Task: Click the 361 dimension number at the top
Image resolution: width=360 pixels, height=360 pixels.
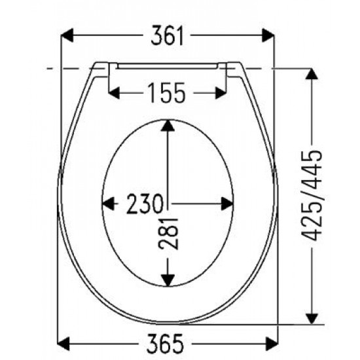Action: pos(167,35)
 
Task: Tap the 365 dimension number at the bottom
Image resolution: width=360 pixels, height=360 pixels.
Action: pos(166,344)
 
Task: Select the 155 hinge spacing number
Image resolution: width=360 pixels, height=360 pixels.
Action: pos(166,93)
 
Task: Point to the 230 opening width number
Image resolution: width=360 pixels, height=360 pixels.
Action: pos(145,204)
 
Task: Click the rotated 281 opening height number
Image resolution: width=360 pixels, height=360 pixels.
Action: pos(168,234)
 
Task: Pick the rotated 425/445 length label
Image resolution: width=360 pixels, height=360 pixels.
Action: pos(312,196)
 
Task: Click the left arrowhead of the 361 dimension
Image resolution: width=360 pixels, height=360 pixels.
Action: pos(67,35)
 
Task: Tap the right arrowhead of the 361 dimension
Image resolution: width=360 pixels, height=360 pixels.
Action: pos(268,35)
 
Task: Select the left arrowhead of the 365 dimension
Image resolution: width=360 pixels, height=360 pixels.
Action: pos(63,344)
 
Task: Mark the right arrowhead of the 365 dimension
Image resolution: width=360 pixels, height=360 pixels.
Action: pos(272,344)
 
